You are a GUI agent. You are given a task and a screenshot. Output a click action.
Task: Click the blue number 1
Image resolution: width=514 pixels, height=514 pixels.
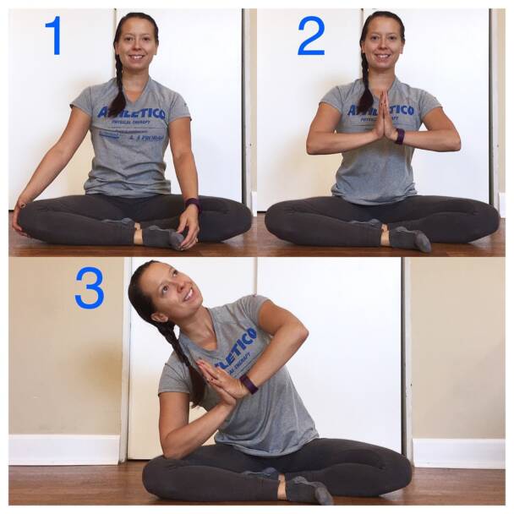pos(53,36)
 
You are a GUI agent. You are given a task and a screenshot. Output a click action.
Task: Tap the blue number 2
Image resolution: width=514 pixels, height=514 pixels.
pos(311,36)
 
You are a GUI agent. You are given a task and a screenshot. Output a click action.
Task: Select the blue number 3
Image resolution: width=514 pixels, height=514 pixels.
pos(90,287)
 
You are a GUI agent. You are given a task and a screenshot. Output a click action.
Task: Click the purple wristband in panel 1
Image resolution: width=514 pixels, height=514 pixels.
pos(194,204)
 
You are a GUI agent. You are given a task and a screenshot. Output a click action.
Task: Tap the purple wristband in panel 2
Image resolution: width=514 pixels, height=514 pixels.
pos(399,136)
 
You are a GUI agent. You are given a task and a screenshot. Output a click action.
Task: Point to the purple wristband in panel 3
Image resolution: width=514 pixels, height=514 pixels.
pos(249,384)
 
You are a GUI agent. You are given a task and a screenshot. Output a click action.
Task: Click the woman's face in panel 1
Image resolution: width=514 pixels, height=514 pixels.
pos(137,42)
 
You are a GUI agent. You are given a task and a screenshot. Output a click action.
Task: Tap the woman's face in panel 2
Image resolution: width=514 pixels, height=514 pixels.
pos(384,41)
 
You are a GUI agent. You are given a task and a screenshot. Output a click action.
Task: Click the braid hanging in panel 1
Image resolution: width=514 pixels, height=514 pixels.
pos(117,93)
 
